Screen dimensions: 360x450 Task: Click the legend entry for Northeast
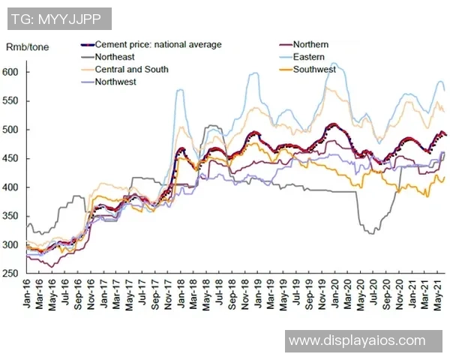[117, 57]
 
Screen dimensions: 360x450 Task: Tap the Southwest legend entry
[314, 69]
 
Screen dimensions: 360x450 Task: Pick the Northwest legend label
[115, 82]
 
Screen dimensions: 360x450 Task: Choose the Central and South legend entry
[131, 70]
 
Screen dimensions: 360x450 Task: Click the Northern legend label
[310, 45]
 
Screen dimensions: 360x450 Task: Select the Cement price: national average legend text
[158, 45]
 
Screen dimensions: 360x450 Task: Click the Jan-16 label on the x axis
[28, 292]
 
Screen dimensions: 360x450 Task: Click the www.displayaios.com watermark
[357, 340]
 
